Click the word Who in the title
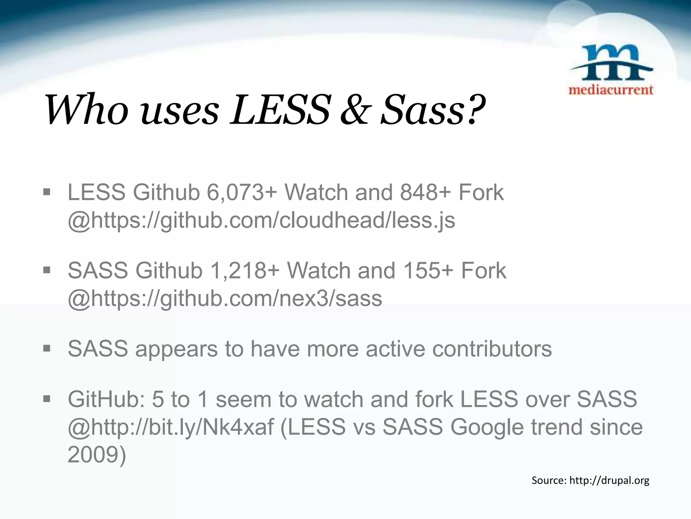[x=86, y=110]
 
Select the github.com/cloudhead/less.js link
[x=261, y=220]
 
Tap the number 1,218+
[x=245, y=271]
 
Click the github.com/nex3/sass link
[x=225, y=299]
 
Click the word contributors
[x=492, y=349]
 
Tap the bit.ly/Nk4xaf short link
[x=171, y=427]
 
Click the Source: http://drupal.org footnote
[x=590, y=480]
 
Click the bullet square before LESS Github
[x=47, y=193]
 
